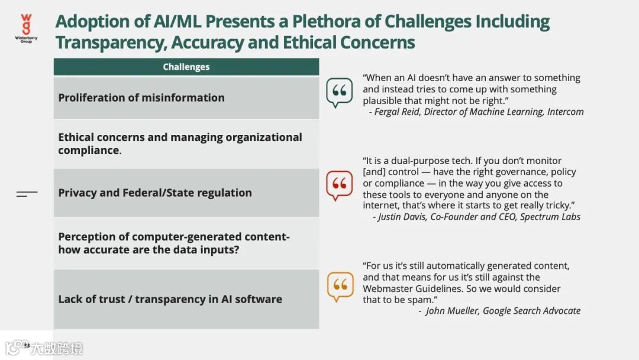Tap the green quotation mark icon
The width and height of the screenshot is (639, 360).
pos(339,93)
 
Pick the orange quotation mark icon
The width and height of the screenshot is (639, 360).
pos(340,286)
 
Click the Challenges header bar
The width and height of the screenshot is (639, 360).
pos(186,67)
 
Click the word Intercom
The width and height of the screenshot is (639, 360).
pos(566,111)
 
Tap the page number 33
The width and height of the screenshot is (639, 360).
pos(27,345)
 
